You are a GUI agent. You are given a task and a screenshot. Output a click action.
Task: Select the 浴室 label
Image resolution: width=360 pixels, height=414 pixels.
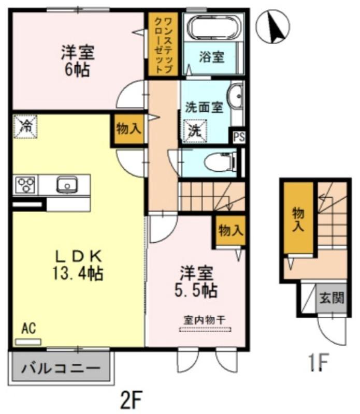[212, 56]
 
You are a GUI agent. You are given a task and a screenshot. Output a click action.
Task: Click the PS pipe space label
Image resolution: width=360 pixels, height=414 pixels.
[238, 137]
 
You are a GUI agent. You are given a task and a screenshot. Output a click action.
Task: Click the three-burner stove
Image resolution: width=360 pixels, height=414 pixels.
[26, 185]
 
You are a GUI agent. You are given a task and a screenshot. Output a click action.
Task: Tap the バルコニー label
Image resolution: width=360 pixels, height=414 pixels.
[60, 369]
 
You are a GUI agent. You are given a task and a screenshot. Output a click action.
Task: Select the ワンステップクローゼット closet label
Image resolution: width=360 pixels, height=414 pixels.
[163, 43]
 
